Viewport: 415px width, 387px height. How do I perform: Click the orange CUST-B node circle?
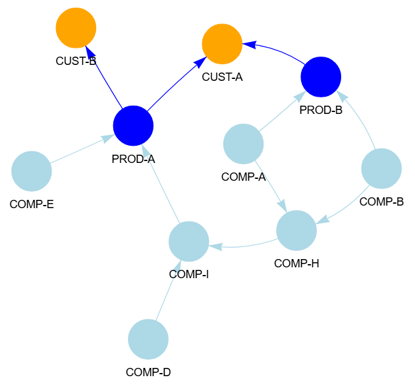pyautogui.click(x=76, y=28)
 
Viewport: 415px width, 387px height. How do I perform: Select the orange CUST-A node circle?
pyautogui.click(x=222, y=45)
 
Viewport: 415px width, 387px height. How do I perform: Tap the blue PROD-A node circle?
pyautogui.click(x=133, y=125)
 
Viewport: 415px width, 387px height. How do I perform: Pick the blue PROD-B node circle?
pyautogui.click(x=321, y=77)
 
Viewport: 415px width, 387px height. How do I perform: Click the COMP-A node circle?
pyautogui.click(x=243, y=144)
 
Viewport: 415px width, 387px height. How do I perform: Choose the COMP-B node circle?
pyautogui.click(x=381, y=169)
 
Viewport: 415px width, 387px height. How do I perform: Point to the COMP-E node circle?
pyautogui.click(x=31, y=171)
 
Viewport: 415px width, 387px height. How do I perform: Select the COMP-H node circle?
pyautogui.click(x=297, y=230)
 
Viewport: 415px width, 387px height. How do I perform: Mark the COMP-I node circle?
pyautogui.click(x=189, y=242)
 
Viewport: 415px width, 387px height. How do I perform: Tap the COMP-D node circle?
pyautogui.click(x=148, y=339)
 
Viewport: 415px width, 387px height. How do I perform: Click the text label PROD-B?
pyautogui.click(x=321, y=110)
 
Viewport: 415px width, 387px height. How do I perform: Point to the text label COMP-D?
pyautogui.click(x=148, y=372)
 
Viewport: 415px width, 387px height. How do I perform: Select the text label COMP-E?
pyautogui.click(x=31, y=205)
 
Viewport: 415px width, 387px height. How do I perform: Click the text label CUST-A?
pyautogui.click(x=222, y=78)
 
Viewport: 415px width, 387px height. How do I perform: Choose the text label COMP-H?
pyautogui.click(x=297, y=263)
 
